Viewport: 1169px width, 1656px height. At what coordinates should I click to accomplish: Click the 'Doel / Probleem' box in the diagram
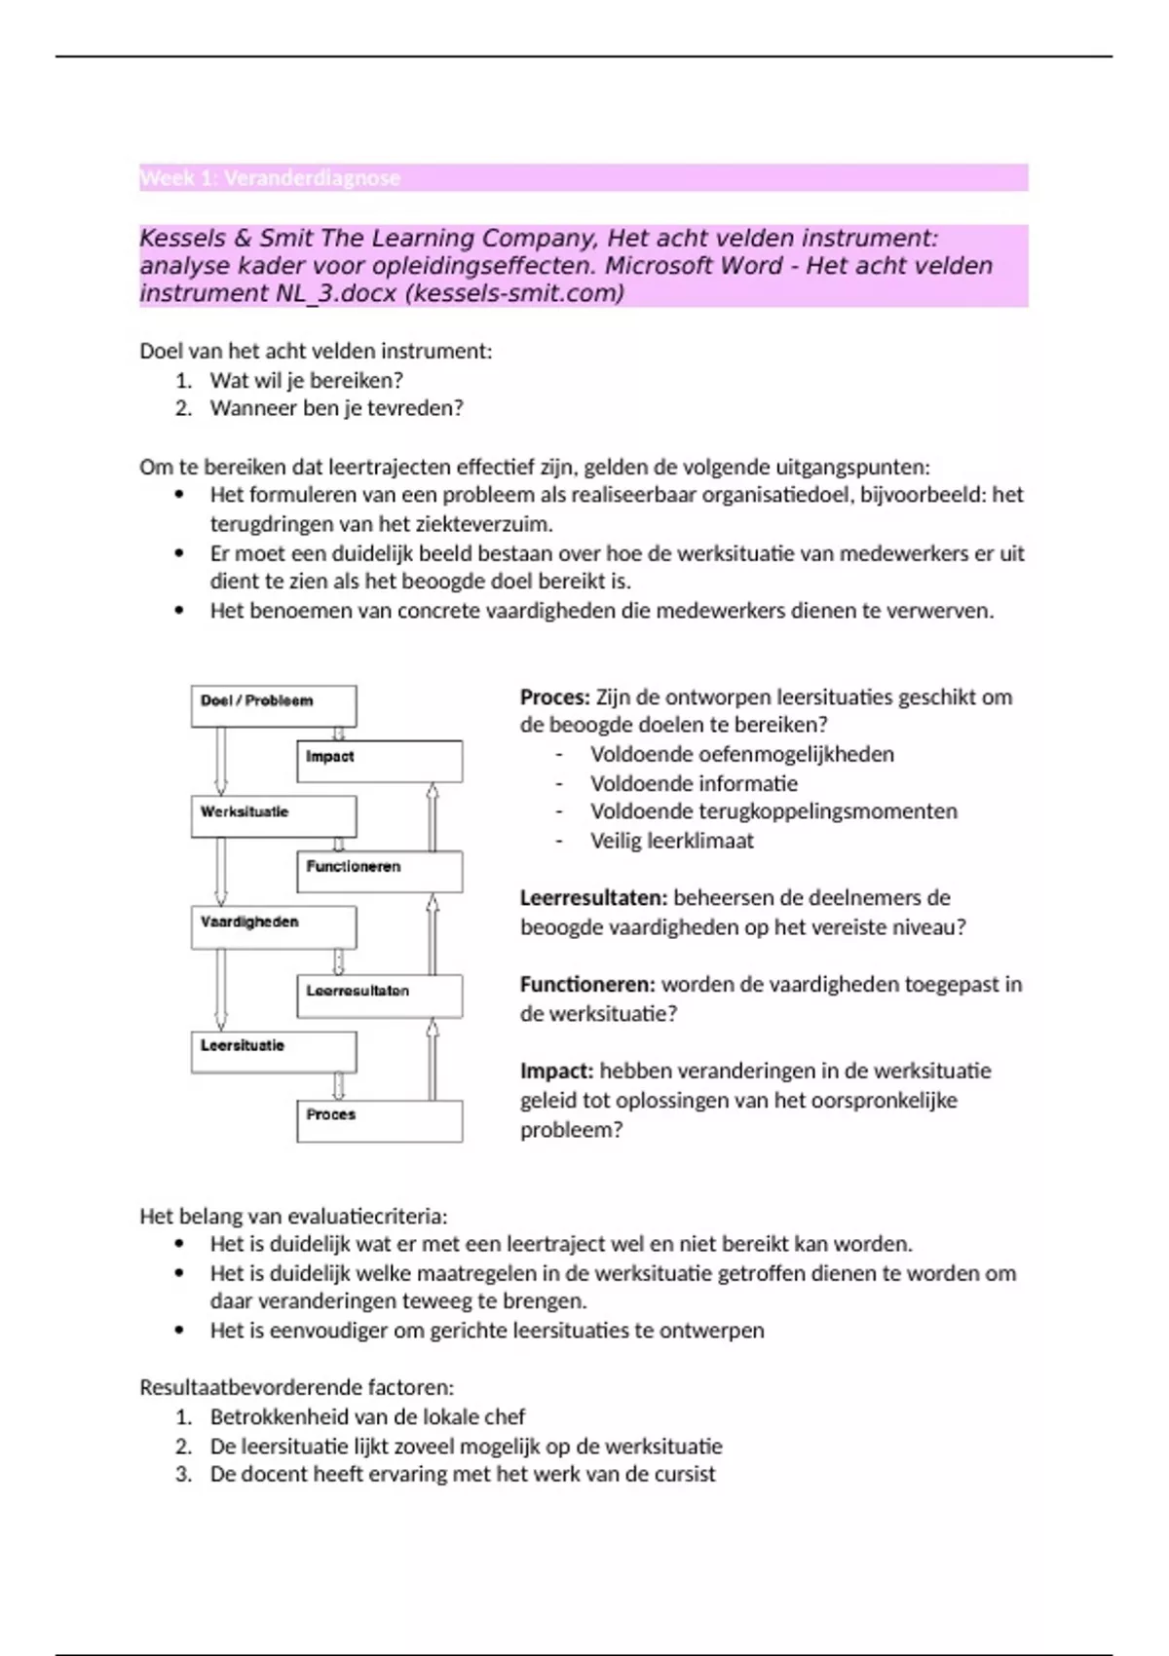coord(274,706)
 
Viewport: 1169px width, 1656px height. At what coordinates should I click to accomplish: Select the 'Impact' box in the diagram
coord(380,762)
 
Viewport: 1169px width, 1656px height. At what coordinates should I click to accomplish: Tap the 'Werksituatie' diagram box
coord(274,816)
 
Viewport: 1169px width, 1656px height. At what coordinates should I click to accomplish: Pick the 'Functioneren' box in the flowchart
coord(380,872)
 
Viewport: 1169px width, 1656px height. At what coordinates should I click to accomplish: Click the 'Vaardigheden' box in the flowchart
coord(274,927)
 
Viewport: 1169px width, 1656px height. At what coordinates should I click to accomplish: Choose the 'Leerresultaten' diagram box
coord(380,997)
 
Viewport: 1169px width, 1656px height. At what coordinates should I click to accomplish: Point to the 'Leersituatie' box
coord(274,1052)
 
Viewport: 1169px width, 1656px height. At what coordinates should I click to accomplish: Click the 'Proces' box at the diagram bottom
coord(380,1120)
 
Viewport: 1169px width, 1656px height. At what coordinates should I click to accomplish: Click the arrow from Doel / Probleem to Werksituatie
coord(221,761)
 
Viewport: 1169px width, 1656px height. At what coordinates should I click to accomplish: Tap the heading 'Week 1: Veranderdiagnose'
coord(270,178)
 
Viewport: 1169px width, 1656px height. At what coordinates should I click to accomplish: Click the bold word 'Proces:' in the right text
coord(555,697)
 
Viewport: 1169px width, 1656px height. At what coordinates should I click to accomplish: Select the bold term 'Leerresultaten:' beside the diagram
coord(593,898)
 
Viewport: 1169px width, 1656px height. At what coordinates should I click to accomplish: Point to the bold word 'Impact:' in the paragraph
coord(556,1072)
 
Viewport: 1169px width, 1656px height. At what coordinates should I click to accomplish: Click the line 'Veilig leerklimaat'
coord(671,841)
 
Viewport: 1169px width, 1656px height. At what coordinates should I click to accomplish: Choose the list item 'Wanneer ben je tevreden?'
coord(336,408)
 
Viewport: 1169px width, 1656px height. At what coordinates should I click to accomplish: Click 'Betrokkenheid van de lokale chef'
coord(367,1416)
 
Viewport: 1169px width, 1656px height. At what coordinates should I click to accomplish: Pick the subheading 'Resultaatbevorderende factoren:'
coord(296,1387)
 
